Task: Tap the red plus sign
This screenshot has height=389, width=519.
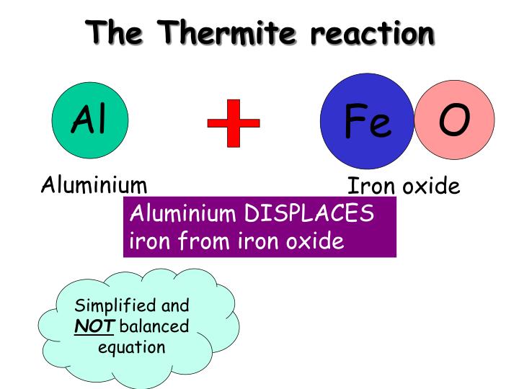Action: point(234,123)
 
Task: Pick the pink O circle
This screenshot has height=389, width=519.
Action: point(455,120)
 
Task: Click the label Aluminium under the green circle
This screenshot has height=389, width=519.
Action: point(94,185)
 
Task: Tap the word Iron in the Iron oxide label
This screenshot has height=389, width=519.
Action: point(371,187)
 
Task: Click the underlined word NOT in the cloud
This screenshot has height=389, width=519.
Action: point(94,326)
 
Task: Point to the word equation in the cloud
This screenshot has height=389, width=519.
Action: point(131,347)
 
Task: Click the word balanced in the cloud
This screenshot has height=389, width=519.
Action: point(154,326)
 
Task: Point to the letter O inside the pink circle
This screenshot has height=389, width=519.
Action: point(455,120)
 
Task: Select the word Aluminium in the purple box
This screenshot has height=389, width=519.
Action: point(182,214)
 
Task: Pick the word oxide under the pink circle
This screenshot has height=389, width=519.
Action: point(430,187)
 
